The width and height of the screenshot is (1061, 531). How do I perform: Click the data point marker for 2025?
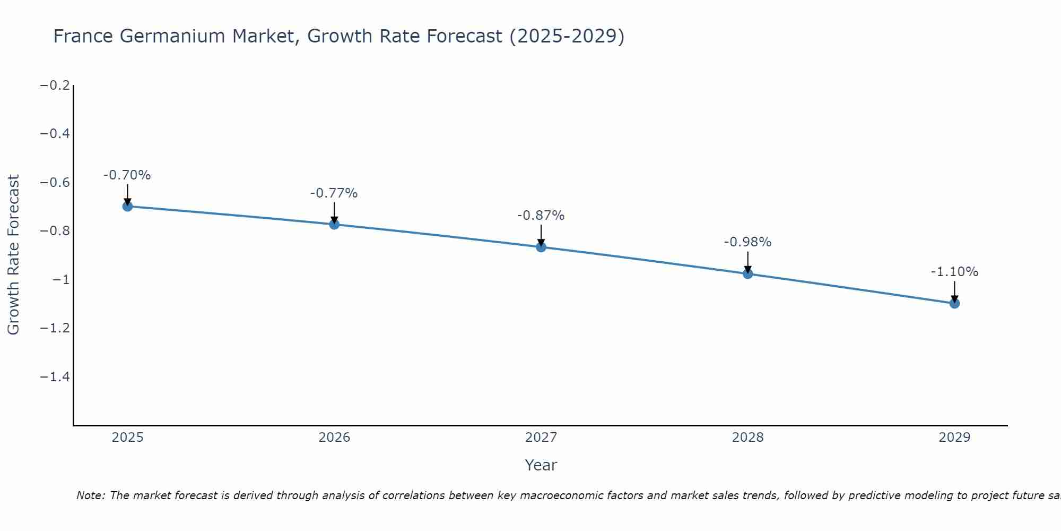pos(127,206)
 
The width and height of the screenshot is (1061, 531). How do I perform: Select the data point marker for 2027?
pos(541,247)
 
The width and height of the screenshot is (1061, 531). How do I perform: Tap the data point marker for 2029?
pos(954,303)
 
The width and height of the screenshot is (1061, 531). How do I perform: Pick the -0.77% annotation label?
pos(334,193)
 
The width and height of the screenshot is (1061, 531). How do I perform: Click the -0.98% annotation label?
pos(747,242)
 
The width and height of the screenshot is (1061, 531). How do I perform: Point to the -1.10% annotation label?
pos(954,272)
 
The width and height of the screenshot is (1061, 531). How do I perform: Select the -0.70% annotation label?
pos(127,175)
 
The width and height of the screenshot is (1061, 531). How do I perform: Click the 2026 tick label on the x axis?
pos(334,438)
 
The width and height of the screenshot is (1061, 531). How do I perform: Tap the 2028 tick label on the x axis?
pos(747,438)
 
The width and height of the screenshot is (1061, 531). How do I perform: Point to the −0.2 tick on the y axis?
pos(55,85)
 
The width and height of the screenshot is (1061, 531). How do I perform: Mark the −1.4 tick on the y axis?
pos(55,377)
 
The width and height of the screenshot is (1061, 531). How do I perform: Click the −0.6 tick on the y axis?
pos(55,183)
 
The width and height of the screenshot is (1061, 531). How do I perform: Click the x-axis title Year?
pos(541,465)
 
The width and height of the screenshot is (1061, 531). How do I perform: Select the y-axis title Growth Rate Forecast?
pos(13,255)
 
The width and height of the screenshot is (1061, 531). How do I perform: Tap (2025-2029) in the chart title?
pos(567,36)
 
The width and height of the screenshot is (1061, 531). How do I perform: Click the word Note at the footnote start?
pos(90,495)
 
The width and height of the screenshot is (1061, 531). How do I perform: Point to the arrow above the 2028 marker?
pos(747,261)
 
